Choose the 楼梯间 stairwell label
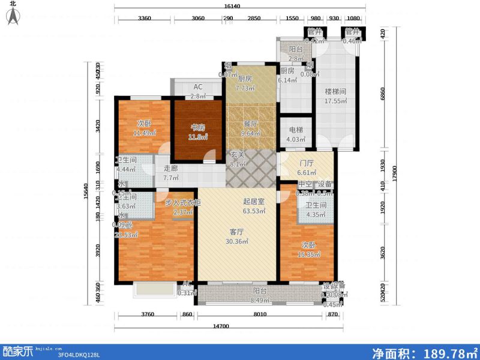[335, 92]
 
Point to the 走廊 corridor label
[171, 169]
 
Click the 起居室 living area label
[252, 202]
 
